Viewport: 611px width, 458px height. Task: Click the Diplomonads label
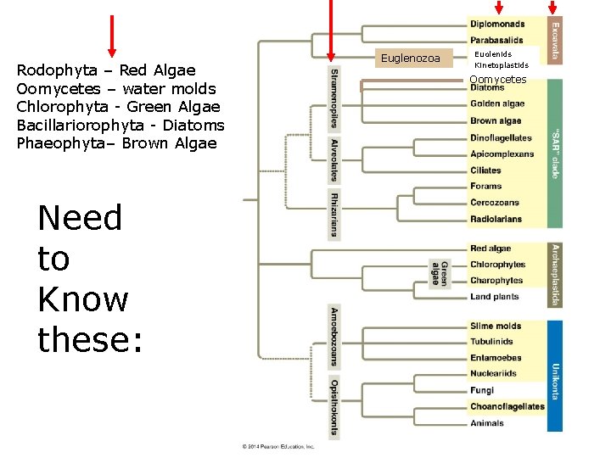coord(497,24)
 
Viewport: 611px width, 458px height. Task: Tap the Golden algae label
coord(497,104)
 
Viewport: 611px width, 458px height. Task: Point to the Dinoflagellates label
coord(501,137)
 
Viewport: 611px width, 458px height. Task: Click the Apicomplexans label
coord(502,154)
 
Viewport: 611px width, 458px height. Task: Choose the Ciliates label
coord(485,170)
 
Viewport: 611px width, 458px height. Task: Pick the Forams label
coord(485,187)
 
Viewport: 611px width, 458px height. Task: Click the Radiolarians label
coord(496,219)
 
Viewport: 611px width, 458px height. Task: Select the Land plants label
coord(494,297)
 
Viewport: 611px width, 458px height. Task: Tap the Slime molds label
coord(496,326)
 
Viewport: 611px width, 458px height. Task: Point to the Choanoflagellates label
coord(507,406)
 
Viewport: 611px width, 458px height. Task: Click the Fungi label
coord(481,390)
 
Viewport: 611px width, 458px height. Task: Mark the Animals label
coord(486,422)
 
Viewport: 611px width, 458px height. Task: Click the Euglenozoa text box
coord(411,59)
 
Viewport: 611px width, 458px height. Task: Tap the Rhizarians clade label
coord(334,215)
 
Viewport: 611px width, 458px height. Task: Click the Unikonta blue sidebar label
coord(554,376)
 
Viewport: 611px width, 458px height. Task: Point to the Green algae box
coord(439,272)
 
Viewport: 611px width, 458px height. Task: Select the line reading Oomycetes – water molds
coord(116,88)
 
